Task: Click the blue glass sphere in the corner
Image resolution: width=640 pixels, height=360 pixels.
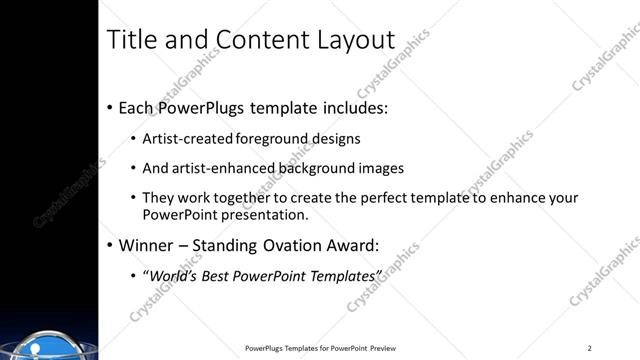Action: coord(31,346)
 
